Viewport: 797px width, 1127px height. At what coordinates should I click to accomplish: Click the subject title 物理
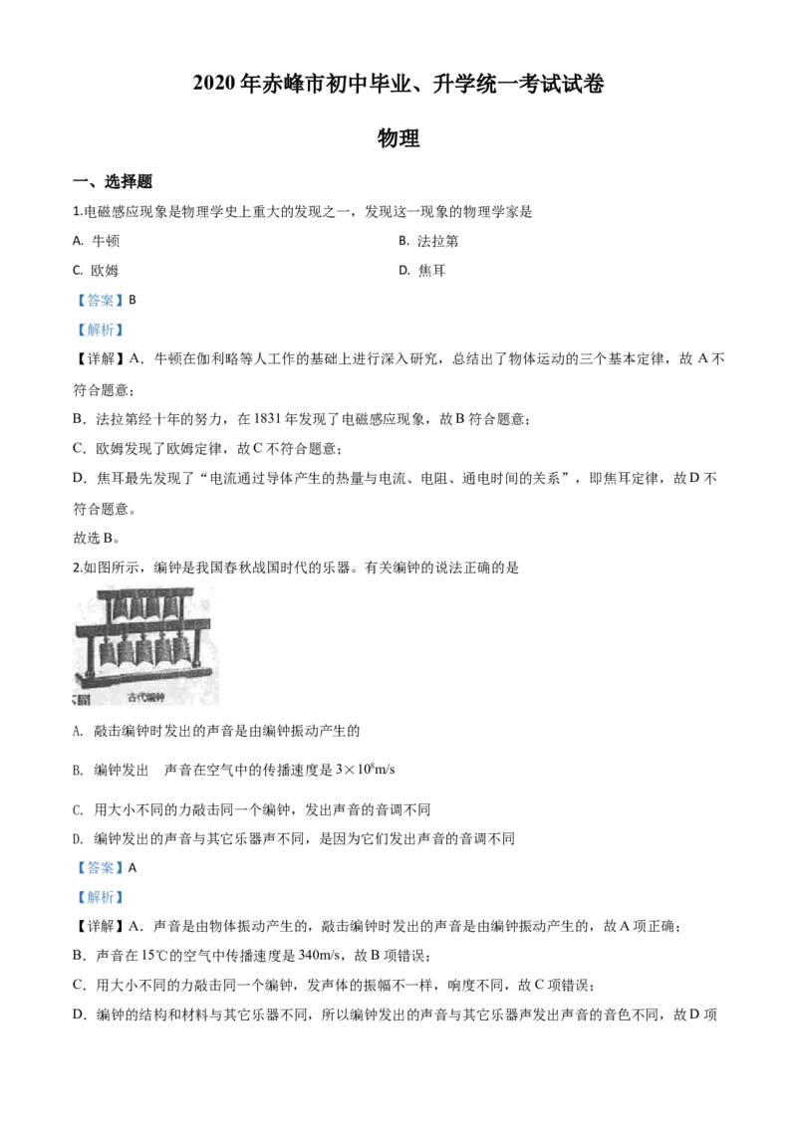coord(398,137)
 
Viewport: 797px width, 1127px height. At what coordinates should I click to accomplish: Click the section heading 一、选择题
coord(113,181)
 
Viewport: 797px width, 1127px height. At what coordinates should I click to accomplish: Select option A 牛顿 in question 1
coord(97,241)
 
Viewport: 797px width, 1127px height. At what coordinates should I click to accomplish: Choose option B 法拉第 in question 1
coord(428,241)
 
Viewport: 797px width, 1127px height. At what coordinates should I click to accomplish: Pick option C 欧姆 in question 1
coord(96,270)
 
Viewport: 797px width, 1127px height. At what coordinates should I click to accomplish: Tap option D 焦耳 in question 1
coord(423,270)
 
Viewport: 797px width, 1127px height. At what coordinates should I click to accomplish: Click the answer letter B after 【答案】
coord(133,300)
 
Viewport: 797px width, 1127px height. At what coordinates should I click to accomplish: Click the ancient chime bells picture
coord(146,645)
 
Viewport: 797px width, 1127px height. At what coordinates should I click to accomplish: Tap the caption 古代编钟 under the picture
coord(146,697)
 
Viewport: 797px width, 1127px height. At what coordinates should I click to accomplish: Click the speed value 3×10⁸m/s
coord(366,769)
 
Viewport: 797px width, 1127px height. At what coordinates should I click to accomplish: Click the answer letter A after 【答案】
coord(133,867)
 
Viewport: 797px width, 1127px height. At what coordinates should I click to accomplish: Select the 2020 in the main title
coord(213,84)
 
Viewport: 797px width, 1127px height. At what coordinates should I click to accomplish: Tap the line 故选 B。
coord(97,538)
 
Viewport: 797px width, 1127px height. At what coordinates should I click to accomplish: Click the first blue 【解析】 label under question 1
coord(100,330)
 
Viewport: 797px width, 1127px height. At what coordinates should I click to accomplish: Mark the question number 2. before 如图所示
coord(78,567)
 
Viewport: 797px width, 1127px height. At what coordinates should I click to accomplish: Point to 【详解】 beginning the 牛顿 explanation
coord(100,359)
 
